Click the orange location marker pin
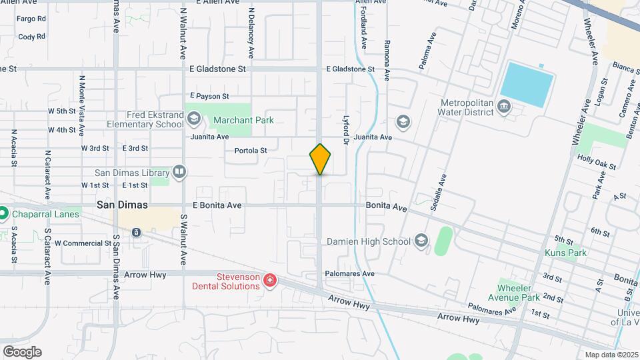coord(320,159)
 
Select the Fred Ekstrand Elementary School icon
coord(193,119)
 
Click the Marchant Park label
coord(243,121)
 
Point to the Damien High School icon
coord(421,240)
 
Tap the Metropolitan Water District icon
coord(504,107)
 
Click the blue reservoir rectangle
coord(527,84)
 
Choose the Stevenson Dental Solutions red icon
coord(269,281)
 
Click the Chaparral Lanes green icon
coord(4,214)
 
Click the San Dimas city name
coord(122,205)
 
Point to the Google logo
coord(22,352)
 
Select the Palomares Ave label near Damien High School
coord(349,274)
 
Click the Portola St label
coord(251,151)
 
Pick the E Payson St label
coord(209,96)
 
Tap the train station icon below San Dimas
coord(136,232)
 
